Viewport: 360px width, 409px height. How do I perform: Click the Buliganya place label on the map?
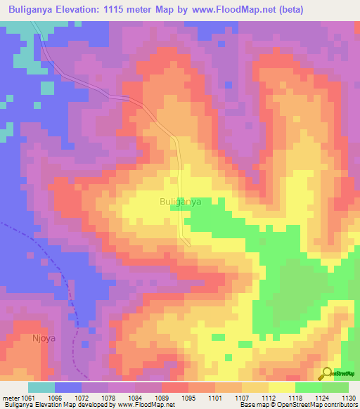pyautogui.click(x=181, y=201)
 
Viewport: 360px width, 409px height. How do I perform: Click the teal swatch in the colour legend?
pyautogui.click(x=41, y=388)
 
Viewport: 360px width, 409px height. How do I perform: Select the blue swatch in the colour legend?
pyautogui.click(x=68, y=388)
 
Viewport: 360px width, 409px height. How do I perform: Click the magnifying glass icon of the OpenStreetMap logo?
pyautogui.click(x=326, y=373)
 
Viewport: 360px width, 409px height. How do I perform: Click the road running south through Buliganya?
pyautogui.click(x=182, y=176)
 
